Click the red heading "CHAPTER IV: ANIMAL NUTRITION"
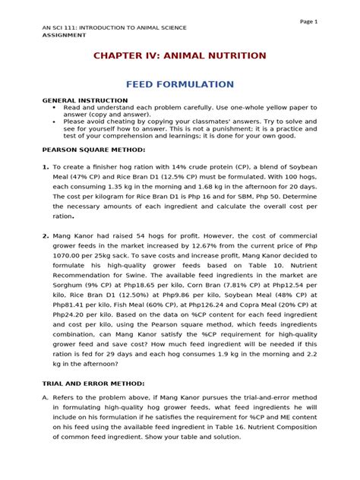point(179,55)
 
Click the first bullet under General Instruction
point(55,108)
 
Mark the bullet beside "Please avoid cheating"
point(55,120)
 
